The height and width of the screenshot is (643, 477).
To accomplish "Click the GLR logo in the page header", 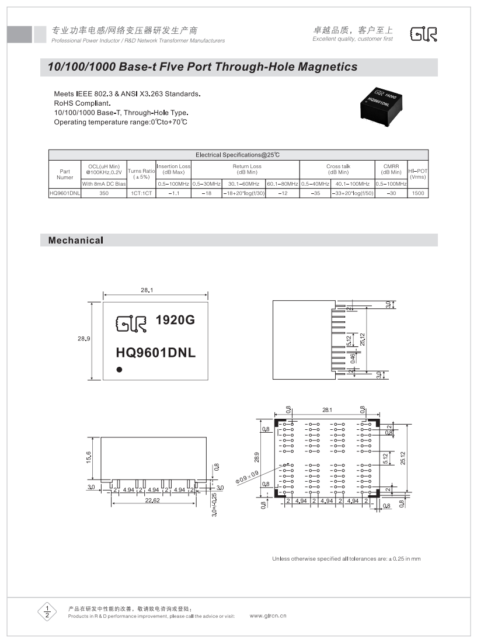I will tap(423, 34).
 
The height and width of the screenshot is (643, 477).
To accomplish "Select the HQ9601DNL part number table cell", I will tap(65, 193).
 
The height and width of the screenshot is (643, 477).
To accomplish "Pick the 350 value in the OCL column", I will tap(104, 193).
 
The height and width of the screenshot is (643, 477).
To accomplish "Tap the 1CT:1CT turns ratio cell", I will tap(141, 193).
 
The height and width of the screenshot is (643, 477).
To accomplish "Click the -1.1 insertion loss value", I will tap(173, 193).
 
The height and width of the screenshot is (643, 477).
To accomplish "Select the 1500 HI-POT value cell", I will tap(417, 193).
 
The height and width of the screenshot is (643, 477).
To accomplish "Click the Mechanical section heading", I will tap(76, 240).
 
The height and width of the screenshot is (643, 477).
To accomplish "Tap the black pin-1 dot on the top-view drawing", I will tap(119, 369).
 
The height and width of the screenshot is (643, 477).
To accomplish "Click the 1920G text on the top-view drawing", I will tap(175, 320).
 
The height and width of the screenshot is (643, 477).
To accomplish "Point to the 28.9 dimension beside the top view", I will tap(83, 338).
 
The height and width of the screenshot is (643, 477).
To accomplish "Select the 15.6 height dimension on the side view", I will tap(89, 457).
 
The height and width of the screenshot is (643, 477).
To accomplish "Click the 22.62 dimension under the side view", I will tap(153, 501).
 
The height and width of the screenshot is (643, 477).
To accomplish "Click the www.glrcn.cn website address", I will tap(268, 616).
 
